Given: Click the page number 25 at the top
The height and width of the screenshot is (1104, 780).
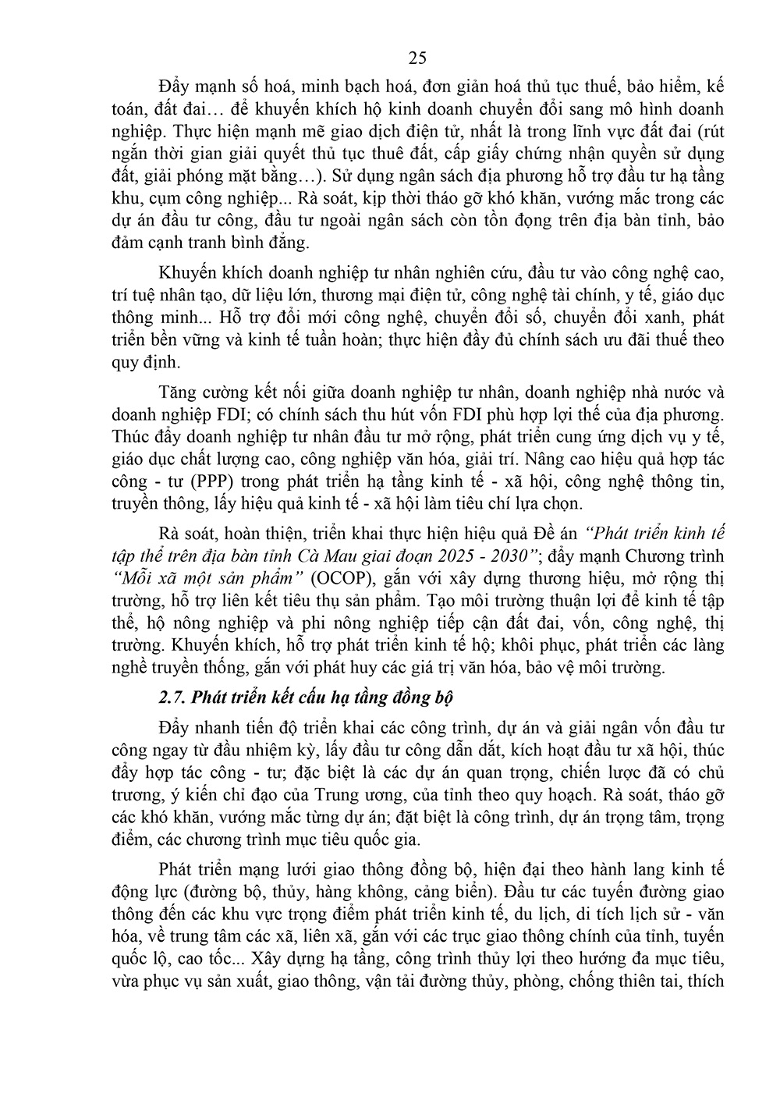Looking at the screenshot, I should pyautogui.click(x=417, y=59).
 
